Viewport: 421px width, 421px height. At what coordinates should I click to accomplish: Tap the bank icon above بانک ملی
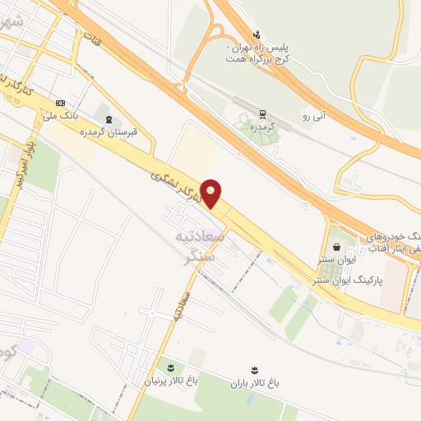pyautogui.click(x=59, y=103)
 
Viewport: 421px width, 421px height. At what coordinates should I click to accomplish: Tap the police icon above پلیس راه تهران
pyautogui.click(x=257, y=35)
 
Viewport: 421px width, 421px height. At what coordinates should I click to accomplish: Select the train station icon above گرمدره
pyautogui.click(x=262, y=114)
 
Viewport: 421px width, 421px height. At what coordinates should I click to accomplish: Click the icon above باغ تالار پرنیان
pyautogui.click(x=171, y=367)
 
